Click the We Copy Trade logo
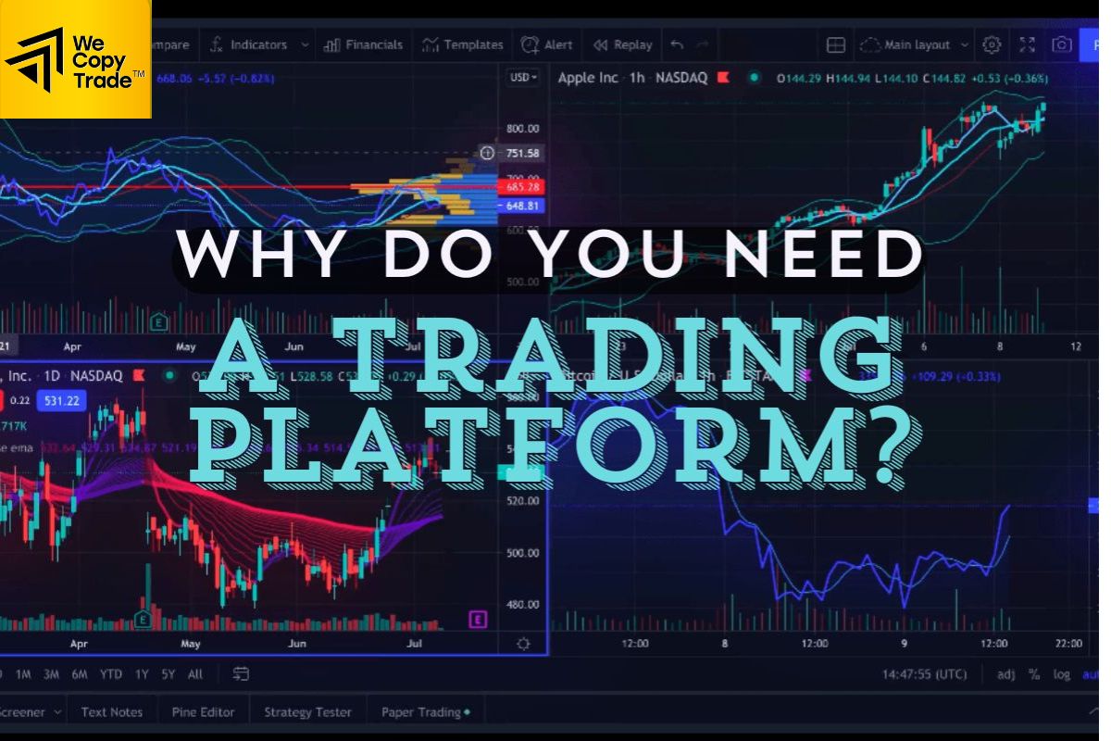pos(75,58)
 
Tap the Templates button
pos(463,44)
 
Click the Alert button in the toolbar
pos(547,44)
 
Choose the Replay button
pos(623,44)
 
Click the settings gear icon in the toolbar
pos(992,44)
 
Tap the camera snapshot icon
pos(1061,44)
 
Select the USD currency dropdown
pos(523,78)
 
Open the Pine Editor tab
pos(203,712)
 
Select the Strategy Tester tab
pos(307,712)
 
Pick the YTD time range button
pos(111,674)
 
